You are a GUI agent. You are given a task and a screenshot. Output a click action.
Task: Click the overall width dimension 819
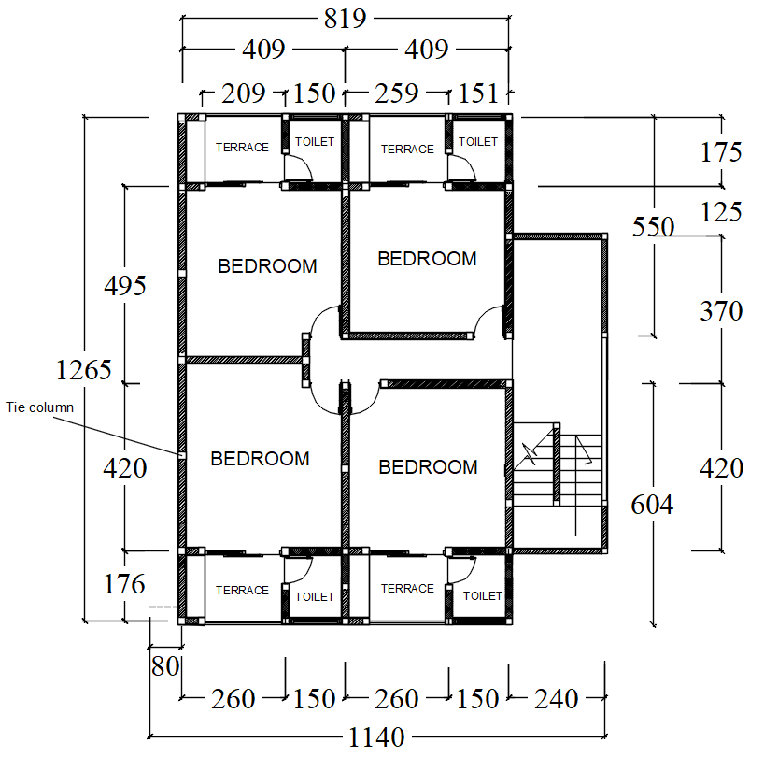tap(345, 18)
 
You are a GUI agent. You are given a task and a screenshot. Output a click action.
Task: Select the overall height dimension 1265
tap(85, 369)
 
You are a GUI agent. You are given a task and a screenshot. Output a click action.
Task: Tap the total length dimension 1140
tap(377, 737)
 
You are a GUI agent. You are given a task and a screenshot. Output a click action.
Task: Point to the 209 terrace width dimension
tap(243, 93)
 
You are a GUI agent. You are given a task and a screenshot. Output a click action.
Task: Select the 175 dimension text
tap(721, 152)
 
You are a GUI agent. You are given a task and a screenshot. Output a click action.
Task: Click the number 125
tap(721, 212)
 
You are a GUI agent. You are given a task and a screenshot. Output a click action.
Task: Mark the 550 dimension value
tap(653, 227)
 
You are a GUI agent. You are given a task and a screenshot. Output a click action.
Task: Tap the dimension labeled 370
tap(721, 311)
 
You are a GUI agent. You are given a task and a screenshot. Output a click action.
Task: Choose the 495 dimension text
tap(125, 286)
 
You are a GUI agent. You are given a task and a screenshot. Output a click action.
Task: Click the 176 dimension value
tap(125, 584)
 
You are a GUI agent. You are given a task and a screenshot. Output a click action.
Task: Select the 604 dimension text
tap(653, 505)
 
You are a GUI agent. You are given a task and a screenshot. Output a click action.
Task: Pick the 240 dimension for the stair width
tap(557, 698)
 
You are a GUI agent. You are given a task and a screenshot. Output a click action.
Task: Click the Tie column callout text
tap(39, 407)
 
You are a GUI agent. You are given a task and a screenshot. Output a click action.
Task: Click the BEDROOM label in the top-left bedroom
tap(267, 266)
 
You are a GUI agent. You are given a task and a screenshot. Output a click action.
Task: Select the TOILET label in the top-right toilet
tap(478, 141)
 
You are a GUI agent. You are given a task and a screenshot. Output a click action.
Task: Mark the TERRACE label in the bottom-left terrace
tap(242, 590)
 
